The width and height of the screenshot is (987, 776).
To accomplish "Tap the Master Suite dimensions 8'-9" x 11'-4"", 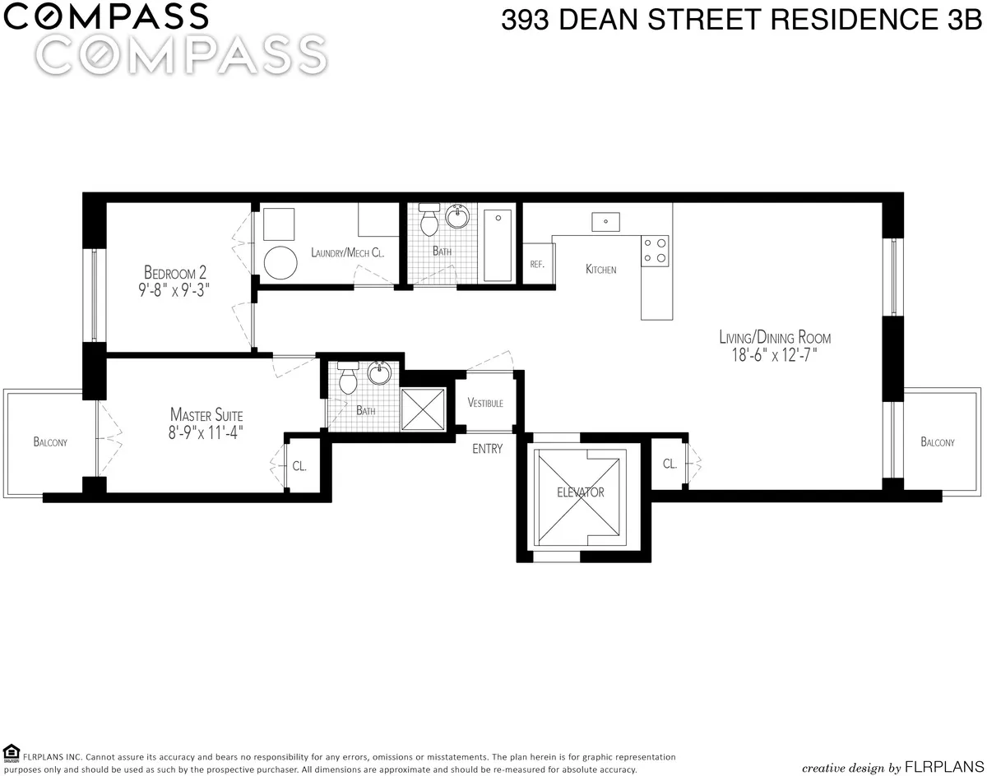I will [x=206, y=430].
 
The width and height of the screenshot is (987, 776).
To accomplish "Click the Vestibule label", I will [x=485, y=403].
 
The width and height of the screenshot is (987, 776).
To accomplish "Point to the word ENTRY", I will [x=487, y=449].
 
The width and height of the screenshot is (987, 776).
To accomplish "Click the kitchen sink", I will [x=606, y=221].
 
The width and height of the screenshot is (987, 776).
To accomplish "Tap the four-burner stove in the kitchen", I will [x=656, y=250].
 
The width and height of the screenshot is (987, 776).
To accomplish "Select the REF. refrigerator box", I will [x=538, y=264].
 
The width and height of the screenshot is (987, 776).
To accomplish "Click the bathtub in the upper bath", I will [x=498, y=244].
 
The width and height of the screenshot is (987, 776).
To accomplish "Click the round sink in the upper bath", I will [x=457, y=218].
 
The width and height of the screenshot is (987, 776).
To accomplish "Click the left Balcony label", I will [x=50, y=442].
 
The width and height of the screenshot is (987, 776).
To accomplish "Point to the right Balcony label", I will [x=938, y=442].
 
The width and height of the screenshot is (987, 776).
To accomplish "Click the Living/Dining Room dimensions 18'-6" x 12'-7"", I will [x=775, y=356].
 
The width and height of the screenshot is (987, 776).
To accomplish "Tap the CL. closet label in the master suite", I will [x=299, y=466].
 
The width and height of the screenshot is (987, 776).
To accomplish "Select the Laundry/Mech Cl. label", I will [x=348, y=253].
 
